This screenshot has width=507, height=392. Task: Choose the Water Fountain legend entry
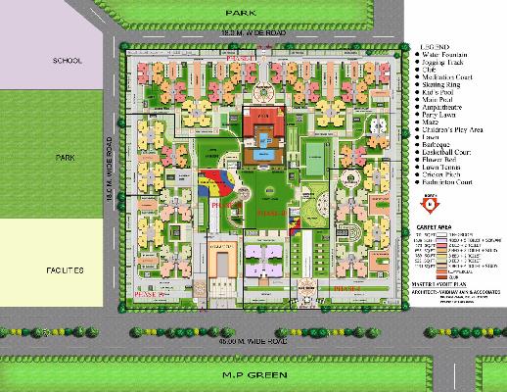coord(440,56)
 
